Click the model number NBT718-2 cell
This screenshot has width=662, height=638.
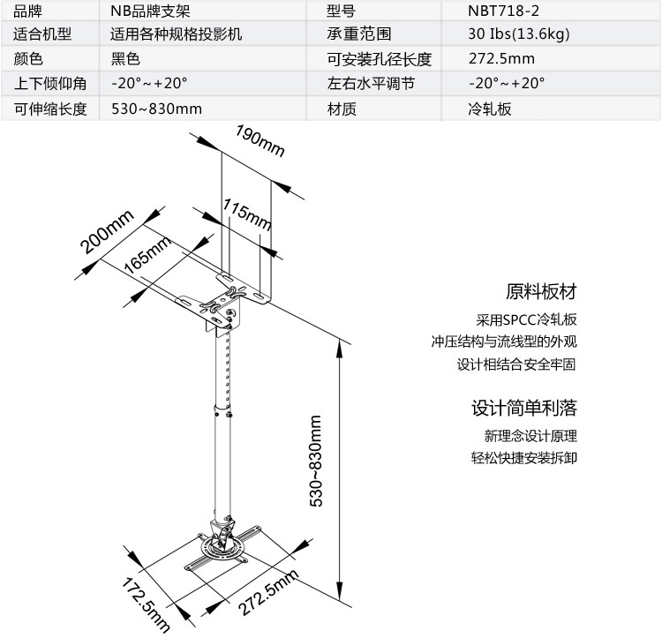point(503,11)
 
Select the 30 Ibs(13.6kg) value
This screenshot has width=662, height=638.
point(519,34)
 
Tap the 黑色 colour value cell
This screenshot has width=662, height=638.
point(125,58)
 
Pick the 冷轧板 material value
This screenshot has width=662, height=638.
point(490,109)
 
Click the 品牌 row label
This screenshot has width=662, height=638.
point(28,11)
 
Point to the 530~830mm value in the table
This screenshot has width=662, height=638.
point(156,109)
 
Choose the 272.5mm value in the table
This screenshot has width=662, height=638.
point(501,58)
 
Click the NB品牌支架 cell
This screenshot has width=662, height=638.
point(151,11)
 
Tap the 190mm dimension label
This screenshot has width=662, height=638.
point(260,140)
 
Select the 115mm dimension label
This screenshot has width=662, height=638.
point(247,214)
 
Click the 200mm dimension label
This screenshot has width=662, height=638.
point(107,232)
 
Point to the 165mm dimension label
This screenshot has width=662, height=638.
point(147,254)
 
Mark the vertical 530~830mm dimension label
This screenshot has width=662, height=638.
point(316,461)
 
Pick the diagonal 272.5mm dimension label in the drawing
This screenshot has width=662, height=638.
point(268,592)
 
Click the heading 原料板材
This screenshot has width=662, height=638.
point(541,291)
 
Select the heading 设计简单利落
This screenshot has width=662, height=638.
point(524,408)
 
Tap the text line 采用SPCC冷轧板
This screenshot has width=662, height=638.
point(526,319)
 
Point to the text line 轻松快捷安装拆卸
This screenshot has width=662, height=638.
point(524,458)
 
